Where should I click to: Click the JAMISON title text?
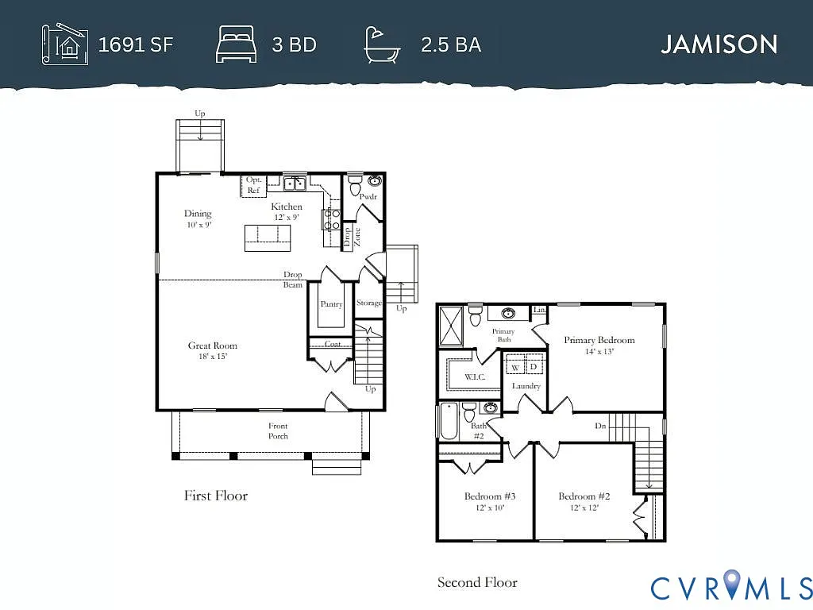tap(719, 44)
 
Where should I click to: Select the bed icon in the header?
tap(236, 44)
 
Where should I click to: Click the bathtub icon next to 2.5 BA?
tap(382, 44)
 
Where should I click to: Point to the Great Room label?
tap(212, 346)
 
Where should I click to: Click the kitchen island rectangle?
tap(268, 237)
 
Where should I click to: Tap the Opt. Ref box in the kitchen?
tap(253, 185)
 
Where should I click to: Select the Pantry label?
tap(331, 304)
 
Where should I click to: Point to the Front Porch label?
tap(278, 430)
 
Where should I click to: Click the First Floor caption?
tap(216, 496)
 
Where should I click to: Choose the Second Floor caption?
tap(477, 582)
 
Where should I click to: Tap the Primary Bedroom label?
tap(599, 340)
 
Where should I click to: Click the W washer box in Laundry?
tap(514, 367)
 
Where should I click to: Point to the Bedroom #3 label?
tap(484, 496)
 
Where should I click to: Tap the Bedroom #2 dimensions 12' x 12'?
tap(577, 508)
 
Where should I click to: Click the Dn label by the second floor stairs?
tap(602, 426)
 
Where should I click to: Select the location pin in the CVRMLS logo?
tap(732, 585)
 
